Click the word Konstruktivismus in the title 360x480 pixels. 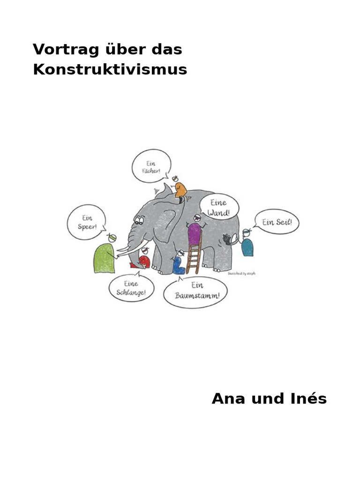(110, 70)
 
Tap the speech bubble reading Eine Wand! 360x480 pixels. (219, 207)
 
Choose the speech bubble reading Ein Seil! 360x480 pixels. (277, 222)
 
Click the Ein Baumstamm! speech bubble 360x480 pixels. (195, 292)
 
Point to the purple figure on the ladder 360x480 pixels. (194, 233)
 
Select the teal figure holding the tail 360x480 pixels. (247, 246)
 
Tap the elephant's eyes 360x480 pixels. (139, 219)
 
